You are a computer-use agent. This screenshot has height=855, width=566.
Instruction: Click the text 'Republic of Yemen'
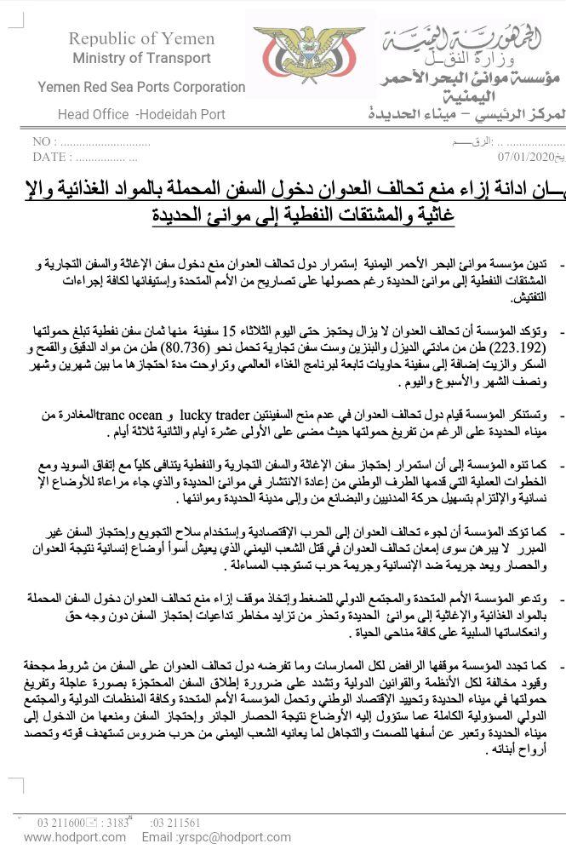[141, 38]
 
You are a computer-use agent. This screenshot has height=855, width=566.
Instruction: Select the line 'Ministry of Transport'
[141, 59]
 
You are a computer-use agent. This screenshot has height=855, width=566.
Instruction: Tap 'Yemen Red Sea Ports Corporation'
[141, 87]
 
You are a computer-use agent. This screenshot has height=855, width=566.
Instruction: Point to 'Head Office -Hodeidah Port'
[141, 114]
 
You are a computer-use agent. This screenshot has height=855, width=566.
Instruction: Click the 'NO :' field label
[45, 142]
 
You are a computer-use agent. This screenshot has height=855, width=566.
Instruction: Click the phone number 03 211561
[175, 823]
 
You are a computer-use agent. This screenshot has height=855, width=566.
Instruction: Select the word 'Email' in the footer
[157, 837]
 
